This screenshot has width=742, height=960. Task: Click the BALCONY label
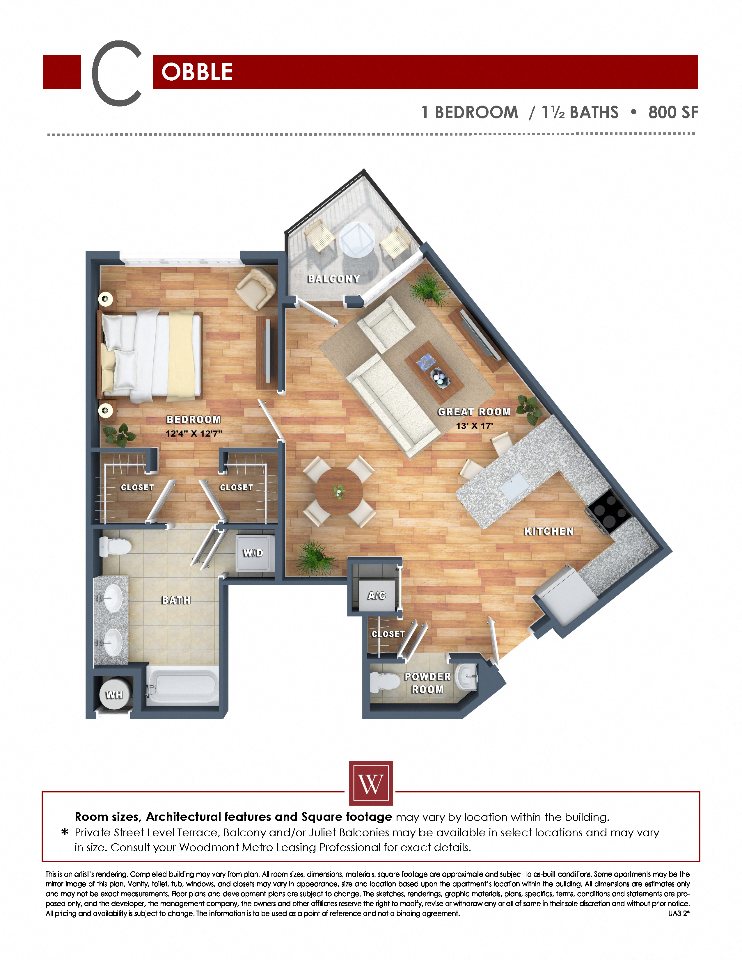point(334,279)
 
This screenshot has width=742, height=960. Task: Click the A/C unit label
point(377,595)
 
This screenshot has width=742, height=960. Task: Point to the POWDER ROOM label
point(428,683)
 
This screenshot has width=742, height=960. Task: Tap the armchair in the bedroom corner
point(256,288)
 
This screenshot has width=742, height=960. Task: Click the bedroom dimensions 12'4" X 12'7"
point(194,433)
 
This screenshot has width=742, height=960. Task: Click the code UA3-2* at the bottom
point(679,913)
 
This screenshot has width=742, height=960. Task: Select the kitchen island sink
point(514,487)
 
